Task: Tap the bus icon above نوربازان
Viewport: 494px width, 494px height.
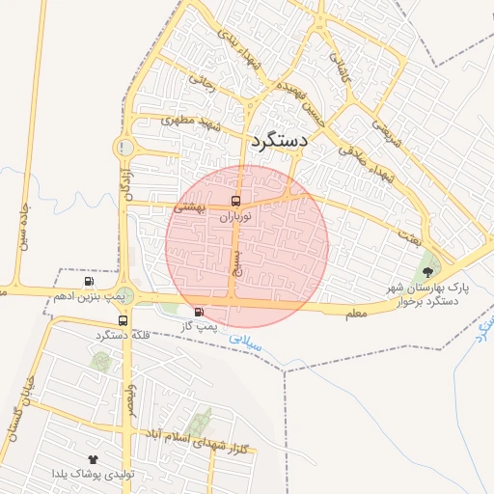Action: click(x=236, y=202)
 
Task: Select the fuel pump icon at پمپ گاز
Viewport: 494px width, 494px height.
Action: click(x=200, y=312)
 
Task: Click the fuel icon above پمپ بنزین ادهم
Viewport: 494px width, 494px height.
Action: click(x=90, y=282)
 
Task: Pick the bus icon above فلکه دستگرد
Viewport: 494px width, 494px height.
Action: click(x=123, y=320)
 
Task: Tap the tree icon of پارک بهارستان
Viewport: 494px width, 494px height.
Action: click(x=427, y=271)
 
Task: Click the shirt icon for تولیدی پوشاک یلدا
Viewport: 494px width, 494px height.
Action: click(x=93, y=459)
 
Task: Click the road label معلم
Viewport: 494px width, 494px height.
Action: click(x=355, y=314)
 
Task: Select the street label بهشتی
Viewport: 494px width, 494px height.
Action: click(x=189, y=206)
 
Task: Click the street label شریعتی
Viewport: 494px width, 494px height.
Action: click(x=384, y=124)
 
